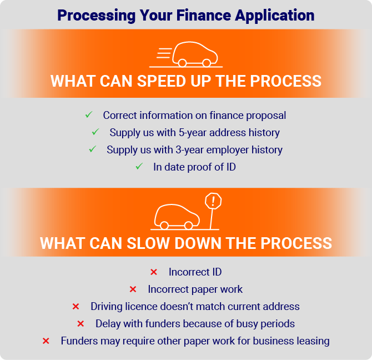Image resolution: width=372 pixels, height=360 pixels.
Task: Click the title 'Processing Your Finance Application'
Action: [x=186, y=16]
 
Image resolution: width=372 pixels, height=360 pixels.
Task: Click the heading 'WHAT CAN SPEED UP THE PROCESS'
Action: [x=186, y=81]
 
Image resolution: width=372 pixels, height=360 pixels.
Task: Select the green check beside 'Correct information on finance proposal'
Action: [x=89, y=114]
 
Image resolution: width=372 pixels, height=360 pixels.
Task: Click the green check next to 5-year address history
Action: [x=95, y=132]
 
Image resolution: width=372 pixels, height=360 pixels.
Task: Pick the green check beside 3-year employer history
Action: [x=93, y=149]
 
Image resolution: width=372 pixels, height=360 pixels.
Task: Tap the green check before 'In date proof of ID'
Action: [x=139, y=166]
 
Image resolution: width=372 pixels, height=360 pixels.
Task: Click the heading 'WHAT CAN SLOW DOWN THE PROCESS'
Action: [x=186, y=243]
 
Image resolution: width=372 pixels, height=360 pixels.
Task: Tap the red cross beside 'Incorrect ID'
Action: [x=154, y=272]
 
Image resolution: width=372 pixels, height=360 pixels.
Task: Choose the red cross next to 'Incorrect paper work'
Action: [x=133, y=289]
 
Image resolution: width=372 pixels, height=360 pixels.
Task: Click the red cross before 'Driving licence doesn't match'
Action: [x=76, y=306]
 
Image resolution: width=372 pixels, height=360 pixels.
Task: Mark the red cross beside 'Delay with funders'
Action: [x=81, y=324]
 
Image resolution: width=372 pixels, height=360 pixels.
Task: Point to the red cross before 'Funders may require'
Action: [x=46, y=341]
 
